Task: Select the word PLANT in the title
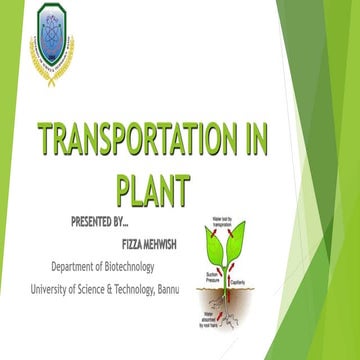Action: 152,187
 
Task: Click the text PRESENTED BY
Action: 111,221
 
